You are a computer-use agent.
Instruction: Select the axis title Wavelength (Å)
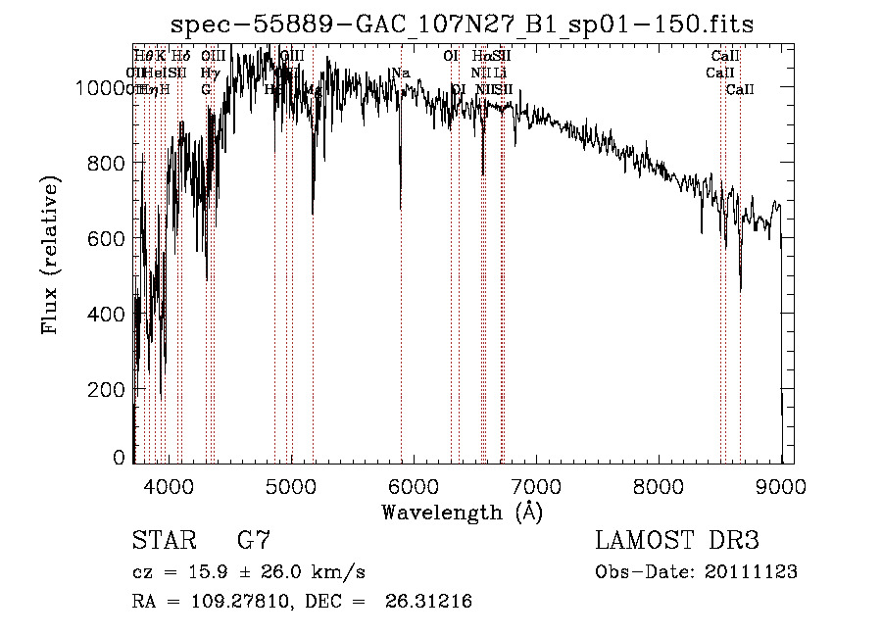tap(462, 512)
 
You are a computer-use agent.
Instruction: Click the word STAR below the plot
tap(162, 541)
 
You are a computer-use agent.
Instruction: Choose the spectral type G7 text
tap(254, 541)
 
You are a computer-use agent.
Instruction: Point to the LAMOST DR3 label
tap(677, 541)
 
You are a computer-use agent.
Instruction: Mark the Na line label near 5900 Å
tap(400, 73)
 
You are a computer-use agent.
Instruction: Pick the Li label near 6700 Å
tap(500, 73)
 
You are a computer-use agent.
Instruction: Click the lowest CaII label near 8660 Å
tap(740, 89)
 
